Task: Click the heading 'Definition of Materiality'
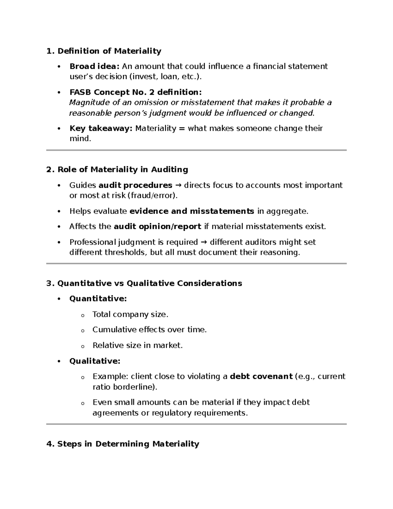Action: point(109,51)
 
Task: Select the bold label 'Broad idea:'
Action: point(94,67)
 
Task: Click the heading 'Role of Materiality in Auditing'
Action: point(122,170)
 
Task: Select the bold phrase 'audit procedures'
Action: point(135,186)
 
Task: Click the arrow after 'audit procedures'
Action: point(178,186)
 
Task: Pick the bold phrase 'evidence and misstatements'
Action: point(192,211)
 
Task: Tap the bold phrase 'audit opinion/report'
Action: point(157,227)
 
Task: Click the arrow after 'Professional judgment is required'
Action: point(203,243)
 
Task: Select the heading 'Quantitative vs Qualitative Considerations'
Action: point(150,284)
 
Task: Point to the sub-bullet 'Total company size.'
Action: point(130,315)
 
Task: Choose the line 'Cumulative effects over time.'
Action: point(150,330)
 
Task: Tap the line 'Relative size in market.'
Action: point(138,345)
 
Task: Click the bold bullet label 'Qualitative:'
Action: point(95,361)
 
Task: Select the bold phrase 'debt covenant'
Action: point(261,377)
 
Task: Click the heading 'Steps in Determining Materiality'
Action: point(128,444)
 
